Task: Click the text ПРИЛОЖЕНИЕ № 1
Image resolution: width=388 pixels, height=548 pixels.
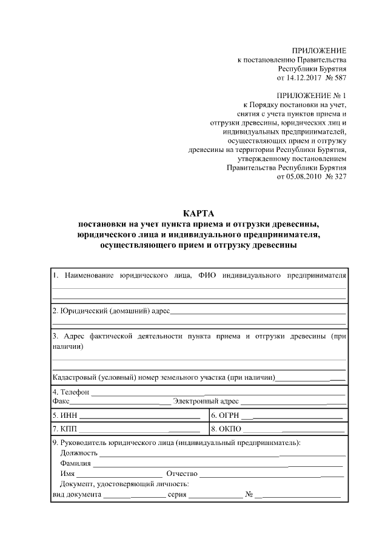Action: tap(311, 96)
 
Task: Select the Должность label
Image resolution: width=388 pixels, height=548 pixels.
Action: tap(79, 452)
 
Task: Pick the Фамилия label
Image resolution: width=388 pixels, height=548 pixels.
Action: tap(76, 463)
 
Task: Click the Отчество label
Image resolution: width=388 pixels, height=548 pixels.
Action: tap(182, 474)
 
